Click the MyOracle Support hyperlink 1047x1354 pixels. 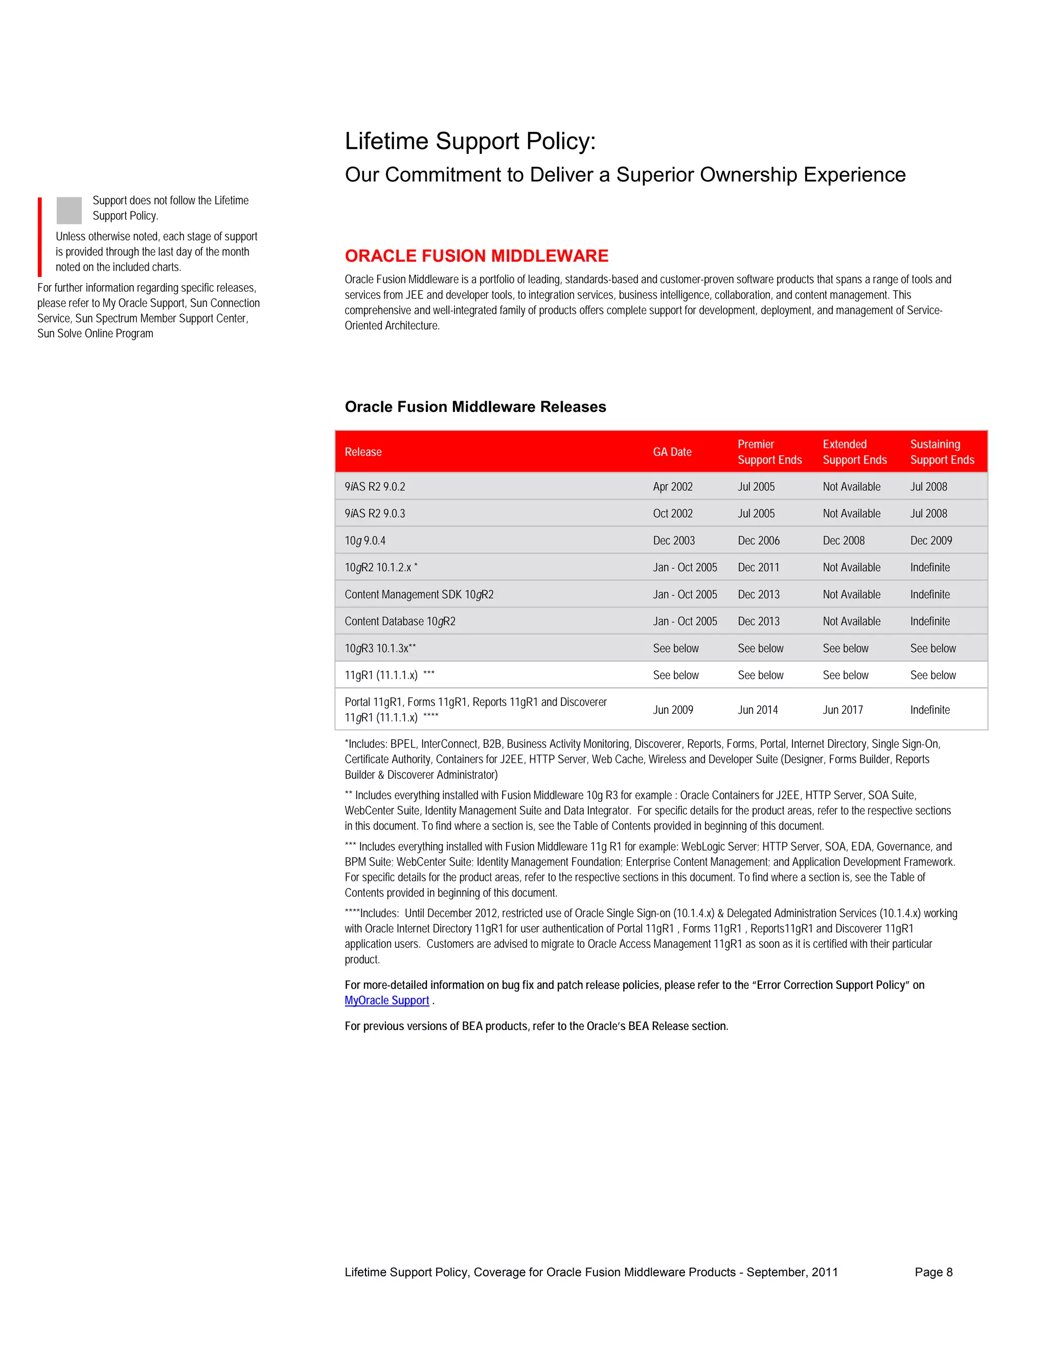coord(386,1000)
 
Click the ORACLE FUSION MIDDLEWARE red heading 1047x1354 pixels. coord(476,255)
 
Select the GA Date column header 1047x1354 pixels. coord(672,452)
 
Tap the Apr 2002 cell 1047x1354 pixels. coord(672,486)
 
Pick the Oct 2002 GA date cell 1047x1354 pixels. coord(672,513)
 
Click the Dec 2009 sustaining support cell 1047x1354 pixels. coord(930,541)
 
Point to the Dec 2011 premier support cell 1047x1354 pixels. coord(758,567)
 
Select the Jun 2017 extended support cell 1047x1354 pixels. coord(843,710)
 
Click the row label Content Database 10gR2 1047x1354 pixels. coord(400,621)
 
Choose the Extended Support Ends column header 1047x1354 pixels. coord(854,452)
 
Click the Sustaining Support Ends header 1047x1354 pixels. coord(942,452)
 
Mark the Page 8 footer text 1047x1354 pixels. coord(933,1272)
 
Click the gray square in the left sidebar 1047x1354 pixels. coord(69,210)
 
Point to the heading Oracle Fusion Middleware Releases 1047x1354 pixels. coord(475,407)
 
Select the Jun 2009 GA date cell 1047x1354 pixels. coord(672,710)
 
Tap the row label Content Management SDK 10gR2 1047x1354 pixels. coord(419,595)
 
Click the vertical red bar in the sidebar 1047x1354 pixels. coord(40,237)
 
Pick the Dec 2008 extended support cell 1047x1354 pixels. coord(843,541)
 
